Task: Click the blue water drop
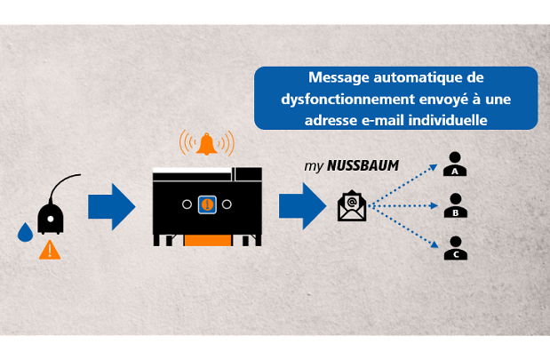25,233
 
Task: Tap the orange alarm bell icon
207,142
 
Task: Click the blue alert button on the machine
207,204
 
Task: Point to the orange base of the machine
207,240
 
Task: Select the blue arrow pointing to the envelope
300,206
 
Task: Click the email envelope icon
352,206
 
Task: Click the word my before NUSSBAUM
313,166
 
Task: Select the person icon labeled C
456,248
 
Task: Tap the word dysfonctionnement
331,99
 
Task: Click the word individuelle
454,118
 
